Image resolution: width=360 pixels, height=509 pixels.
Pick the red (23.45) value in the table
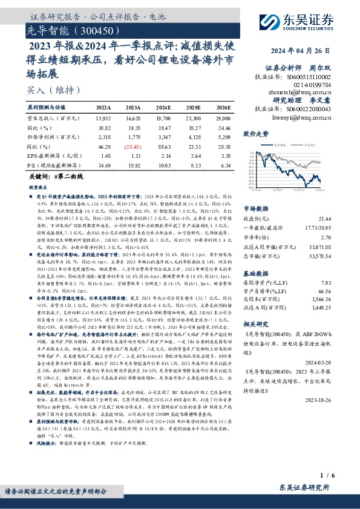click(x=133, y=147)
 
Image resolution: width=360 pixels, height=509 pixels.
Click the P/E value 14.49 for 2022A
click(x=103, y=165)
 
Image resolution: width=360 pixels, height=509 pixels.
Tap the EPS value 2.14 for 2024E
click(x=165, y=156)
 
